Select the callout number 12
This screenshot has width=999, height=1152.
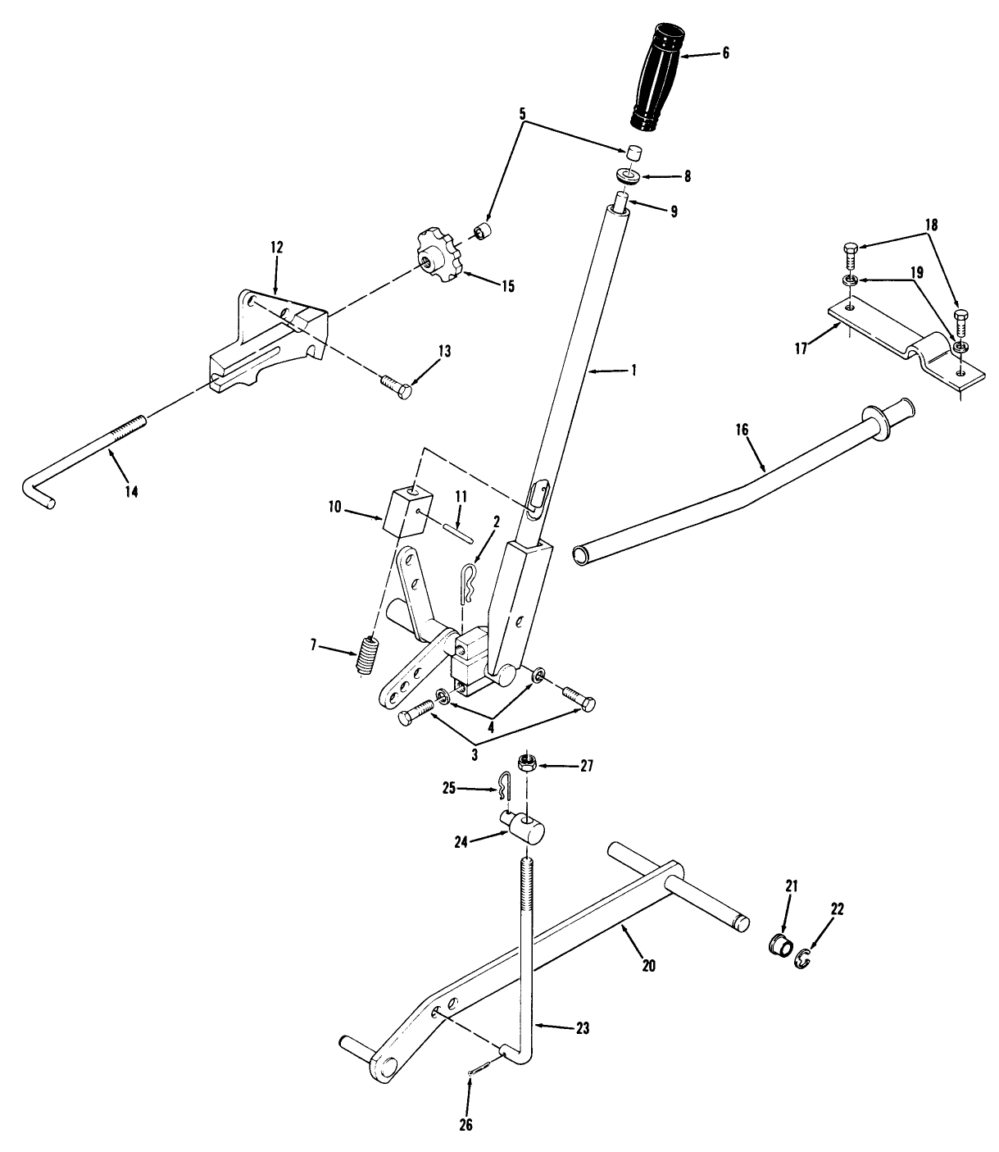[x=276, y=247]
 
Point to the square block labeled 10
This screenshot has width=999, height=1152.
[x=405, y=511]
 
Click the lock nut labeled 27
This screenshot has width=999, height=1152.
[x=527, y=765]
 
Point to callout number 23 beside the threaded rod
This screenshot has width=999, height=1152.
[x=581, y=1027]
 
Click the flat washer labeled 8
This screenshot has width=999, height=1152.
[x=628, y=175]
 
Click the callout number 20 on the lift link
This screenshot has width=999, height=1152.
[x=648, y=966]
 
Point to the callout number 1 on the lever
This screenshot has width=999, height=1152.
[x=632, y=370]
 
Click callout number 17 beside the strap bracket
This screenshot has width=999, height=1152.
[x=801, y=348]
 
